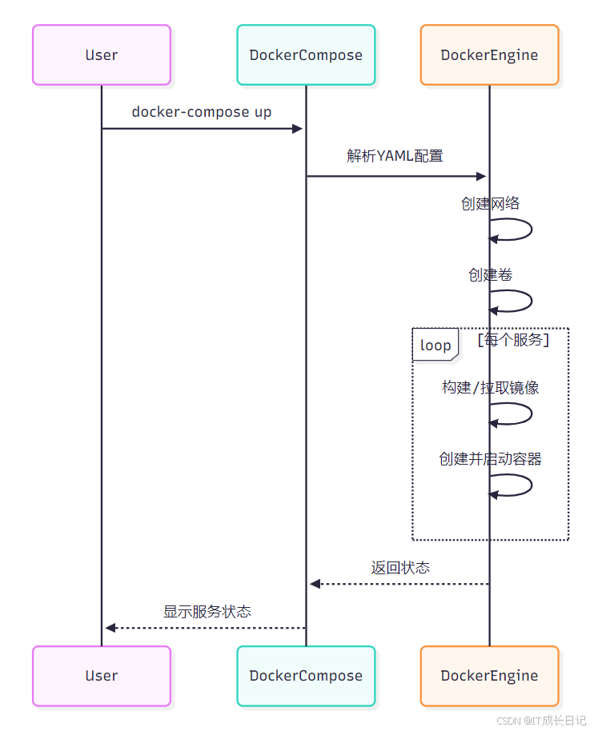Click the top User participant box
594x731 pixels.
pyautogui.click(x=102, y=55)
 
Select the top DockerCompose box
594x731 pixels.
pyautogui.click(x=306, y=55)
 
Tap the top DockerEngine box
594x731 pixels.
pyautogui.click(x=489, y=55)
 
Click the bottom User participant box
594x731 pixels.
pyautogui.click(x=102, y=676)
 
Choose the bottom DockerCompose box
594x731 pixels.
pyautogui.click(x=306, y=676)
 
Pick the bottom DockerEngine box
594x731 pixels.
pyautogui.click(x=489, y=676)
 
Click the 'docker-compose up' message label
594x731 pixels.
pyautogui.click(x=202, y=112)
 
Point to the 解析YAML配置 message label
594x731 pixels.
pyautogui.click(x=395, y=156)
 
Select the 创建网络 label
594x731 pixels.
pyautogui.click(x=490, y=203)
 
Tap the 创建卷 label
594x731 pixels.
pyautogui.click(x=490, y=275)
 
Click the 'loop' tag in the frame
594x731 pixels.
pyautogui.click(x=435, y=346)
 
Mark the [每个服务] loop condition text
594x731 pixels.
pyautogui.click(x=513, y=340)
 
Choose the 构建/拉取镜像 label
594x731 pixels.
pyautogui.click(x=490, y=388)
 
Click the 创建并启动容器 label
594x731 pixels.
pyautogui.click(x=490, y=459)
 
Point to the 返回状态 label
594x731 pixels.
pyautogui.click(x=400, y=568)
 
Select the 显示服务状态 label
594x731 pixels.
pyautogui.click(x=207, y=612)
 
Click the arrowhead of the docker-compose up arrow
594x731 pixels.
pyautogui.click(x=298, y=128)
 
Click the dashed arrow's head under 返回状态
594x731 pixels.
pyautogui.click(x=315, y=584)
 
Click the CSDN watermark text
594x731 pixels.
pyautogui.click(x=541, y=720)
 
